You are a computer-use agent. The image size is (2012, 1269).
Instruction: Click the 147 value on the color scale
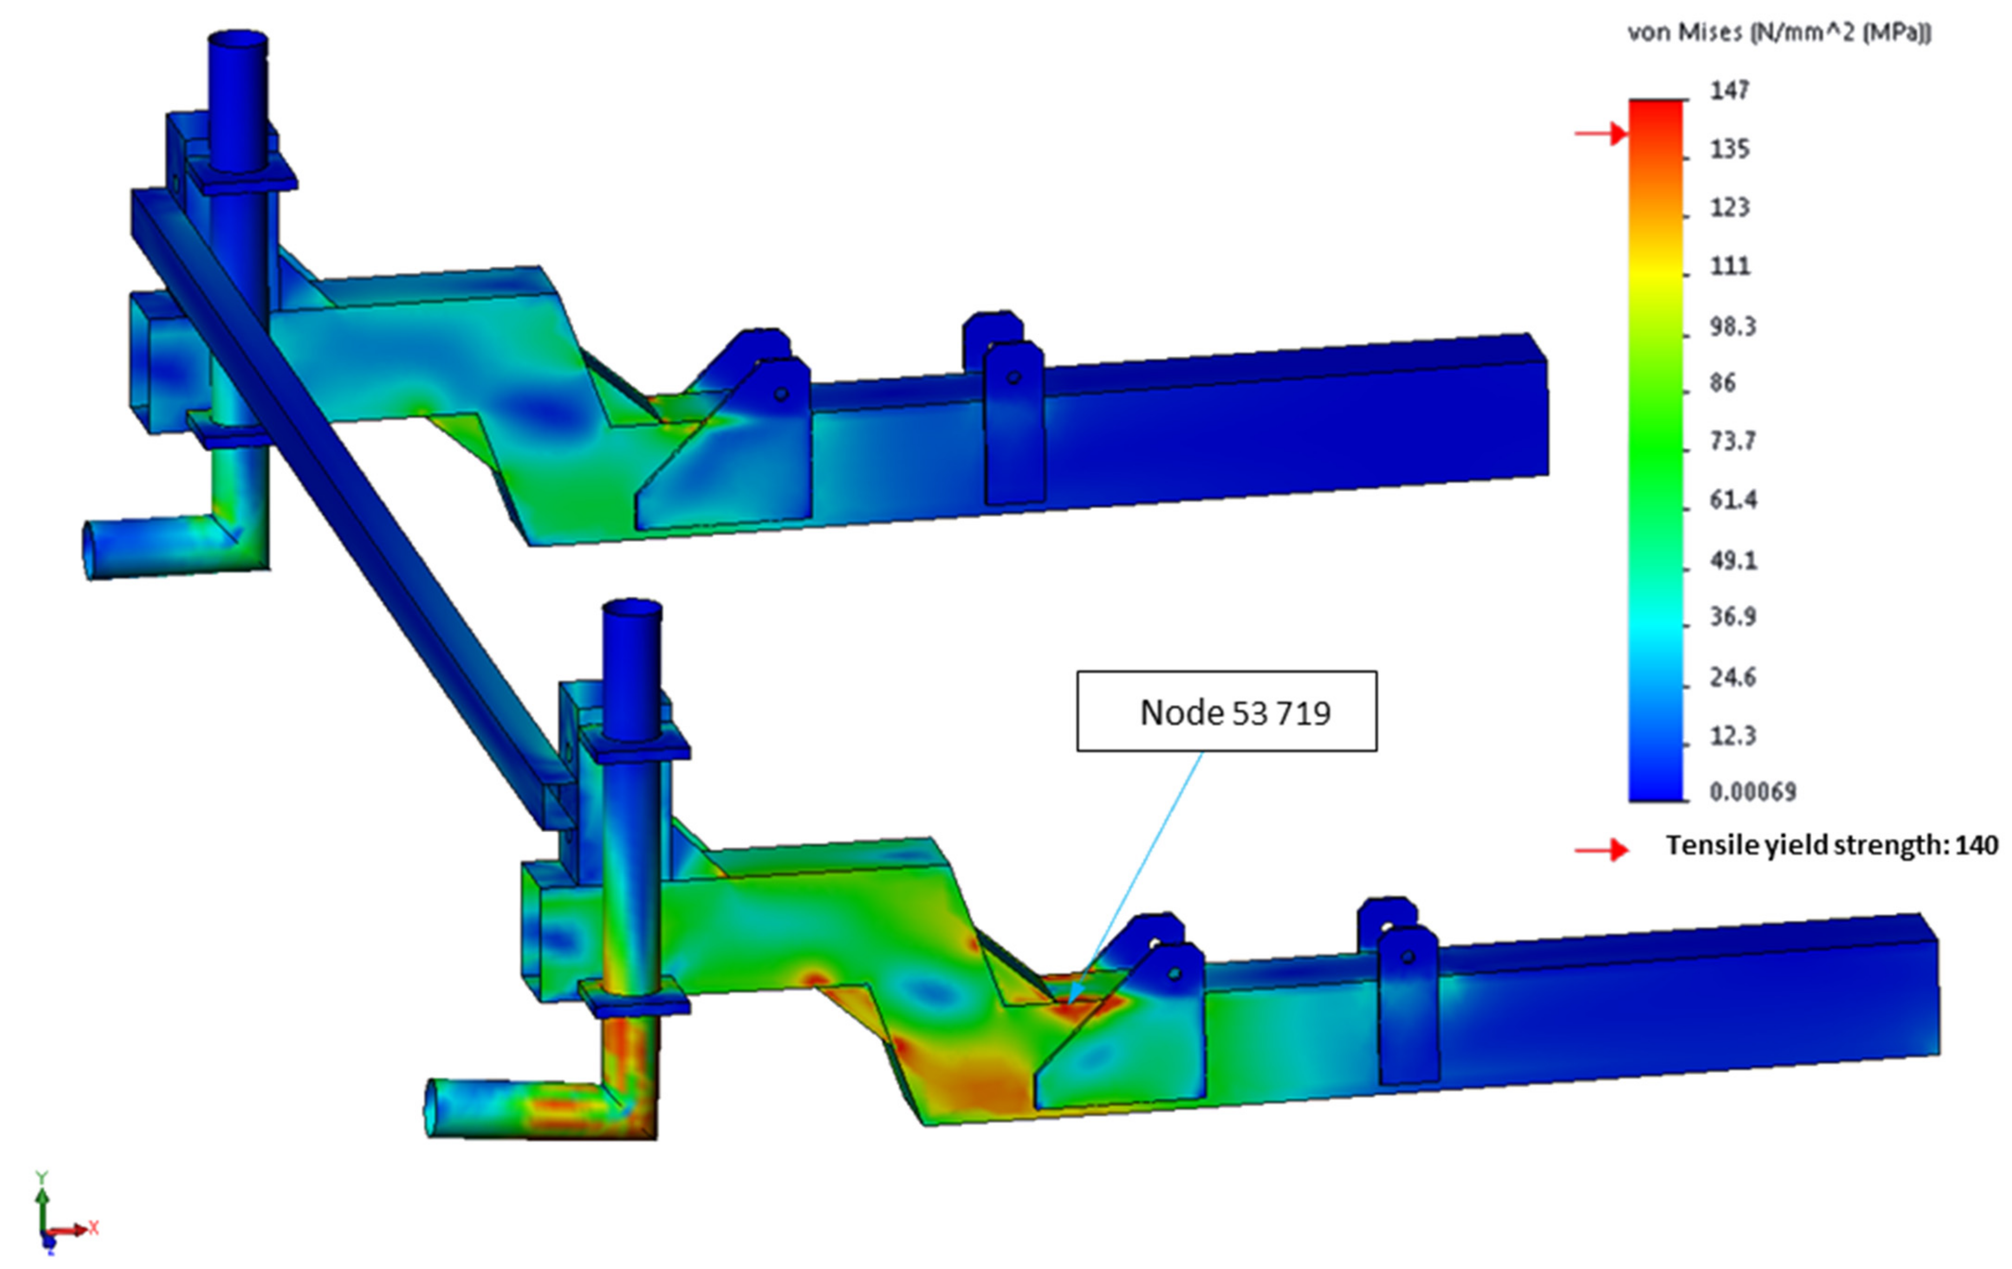[x=1730, y=90]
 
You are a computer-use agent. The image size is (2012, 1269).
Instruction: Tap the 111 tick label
[x=1730, y=265]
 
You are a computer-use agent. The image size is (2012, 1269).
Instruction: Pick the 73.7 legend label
[x=1733, y=440]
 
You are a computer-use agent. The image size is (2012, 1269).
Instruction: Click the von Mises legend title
[x=1780, y=32]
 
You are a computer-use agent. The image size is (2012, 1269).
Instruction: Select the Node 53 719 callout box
[x=1227, y=711]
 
